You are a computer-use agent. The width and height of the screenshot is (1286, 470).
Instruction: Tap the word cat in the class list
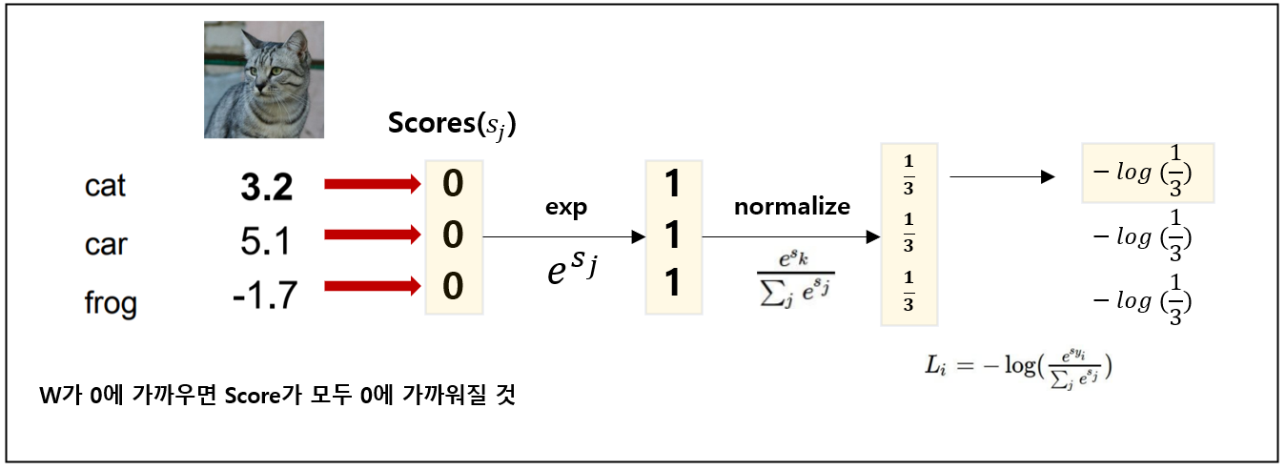(x=105, y=186)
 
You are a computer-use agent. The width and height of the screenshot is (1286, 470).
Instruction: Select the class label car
(x=105, y=245)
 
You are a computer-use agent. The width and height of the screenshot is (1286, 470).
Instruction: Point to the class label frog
(x=110, y=304)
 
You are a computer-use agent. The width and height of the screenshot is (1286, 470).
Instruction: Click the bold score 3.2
(x=266, y=188)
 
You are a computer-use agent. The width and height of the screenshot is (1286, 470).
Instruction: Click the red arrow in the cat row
(x=373, y=184)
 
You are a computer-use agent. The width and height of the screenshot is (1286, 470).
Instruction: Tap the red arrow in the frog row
(x=373, y=284)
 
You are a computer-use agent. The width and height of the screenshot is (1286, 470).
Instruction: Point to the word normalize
(x=791, y=207)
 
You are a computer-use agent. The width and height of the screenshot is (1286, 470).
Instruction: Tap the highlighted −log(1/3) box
(x=1147, y=174)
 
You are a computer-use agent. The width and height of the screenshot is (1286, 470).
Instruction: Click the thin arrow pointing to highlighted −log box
(x=1001, y=176)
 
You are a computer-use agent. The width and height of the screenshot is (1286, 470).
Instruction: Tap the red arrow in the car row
(x=373, y=235)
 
